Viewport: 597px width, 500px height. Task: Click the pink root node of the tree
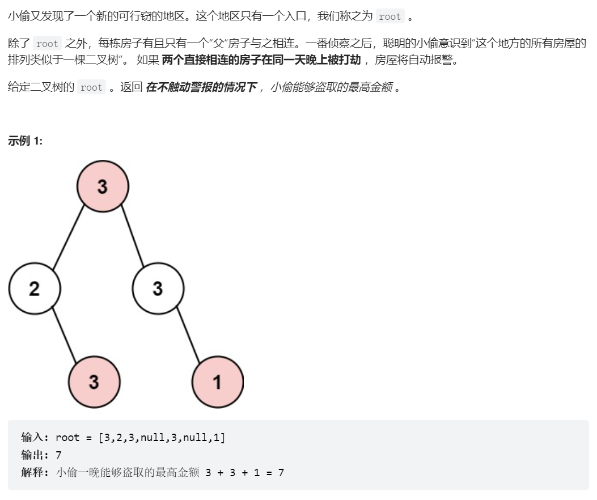coord(103,186)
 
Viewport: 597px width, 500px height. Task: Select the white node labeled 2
coord(34,289)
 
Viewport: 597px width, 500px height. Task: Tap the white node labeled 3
coord(158,289)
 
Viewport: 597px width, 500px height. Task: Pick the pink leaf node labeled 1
coord(217,382)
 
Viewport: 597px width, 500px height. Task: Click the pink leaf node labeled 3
coord(94,382)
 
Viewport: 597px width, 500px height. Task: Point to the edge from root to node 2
coord(69,237)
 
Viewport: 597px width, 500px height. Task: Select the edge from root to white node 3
coord(133,236)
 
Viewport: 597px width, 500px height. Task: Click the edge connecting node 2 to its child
coord(64,334)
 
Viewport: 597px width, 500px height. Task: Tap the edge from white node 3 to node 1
coord(188,334)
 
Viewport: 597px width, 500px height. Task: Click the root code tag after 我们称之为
coord(390,16)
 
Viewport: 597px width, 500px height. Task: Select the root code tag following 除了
coord(47,44)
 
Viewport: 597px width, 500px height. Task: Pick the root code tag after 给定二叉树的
coord(91,87)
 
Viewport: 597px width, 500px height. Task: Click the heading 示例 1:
coord(25,141)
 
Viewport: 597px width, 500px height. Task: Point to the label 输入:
coord(35,437)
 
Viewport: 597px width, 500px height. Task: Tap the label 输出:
coord(35,455)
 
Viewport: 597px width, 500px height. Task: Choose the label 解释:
coord(35,472)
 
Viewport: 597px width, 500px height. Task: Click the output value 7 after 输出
coord(58,455)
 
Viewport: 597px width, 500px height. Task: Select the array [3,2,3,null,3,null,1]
coord(162,438)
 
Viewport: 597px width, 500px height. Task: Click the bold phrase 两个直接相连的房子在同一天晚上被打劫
coord(261,60)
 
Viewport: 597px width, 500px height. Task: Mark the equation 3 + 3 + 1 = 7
coord(245,473)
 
